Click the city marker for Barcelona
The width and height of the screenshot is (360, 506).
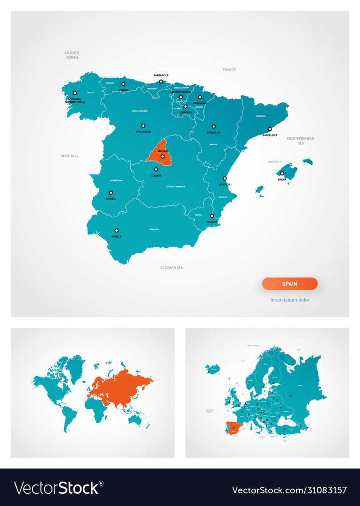270,129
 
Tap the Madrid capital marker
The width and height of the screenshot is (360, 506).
162,156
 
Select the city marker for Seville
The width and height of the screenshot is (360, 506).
117,231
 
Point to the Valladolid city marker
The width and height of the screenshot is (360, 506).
143,126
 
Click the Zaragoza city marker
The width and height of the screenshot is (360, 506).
213,126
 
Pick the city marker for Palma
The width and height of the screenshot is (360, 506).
282,173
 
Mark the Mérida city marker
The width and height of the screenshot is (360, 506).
111,193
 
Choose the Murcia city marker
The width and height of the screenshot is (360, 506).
212,216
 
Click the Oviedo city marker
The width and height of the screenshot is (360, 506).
124,84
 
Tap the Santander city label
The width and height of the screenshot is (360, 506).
161,75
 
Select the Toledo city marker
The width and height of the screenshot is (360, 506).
156,170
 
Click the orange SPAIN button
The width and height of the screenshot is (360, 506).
290,284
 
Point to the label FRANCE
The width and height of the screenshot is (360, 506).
229,70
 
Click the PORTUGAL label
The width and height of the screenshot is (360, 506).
70,156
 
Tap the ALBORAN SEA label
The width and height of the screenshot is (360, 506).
172,268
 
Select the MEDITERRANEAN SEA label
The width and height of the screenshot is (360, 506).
301,141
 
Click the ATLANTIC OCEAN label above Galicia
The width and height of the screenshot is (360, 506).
72,55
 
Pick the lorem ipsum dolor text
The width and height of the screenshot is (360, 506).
290,300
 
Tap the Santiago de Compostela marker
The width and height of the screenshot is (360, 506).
74,93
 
